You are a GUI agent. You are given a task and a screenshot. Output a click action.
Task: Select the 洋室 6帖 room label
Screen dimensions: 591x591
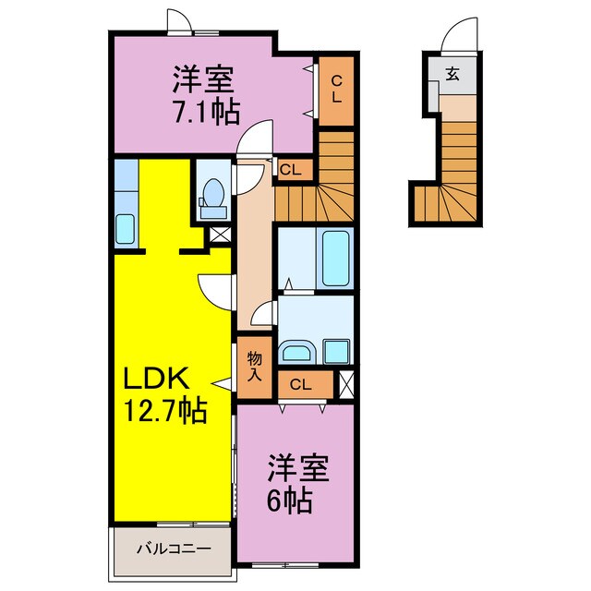[x=297, y=484]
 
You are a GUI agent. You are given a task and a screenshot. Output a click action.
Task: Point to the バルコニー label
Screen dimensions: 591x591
[x=174, y=549]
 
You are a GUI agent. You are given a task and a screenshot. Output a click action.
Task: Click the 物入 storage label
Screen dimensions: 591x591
[x=255, y=367]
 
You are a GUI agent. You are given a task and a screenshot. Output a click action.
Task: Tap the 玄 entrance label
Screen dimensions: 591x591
[x=452, y=74]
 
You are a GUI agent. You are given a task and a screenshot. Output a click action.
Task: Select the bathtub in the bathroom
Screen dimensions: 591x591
[x=335, y=259]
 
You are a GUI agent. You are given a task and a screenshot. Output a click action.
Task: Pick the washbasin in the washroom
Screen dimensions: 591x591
[x=297, y=352]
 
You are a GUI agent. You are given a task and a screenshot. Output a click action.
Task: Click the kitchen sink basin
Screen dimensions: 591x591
[x=126, y=229]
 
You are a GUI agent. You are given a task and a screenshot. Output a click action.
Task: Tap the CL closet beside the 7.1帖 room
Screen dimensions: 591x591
[x=336, y=90]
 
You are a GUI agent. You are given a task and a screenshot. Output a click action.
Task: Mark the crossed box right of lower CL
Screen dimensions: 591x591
[x=347, y=384]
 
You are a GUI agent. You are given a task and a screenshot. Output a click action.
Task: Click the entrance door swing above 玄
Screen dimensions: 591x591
[x=460, y=35]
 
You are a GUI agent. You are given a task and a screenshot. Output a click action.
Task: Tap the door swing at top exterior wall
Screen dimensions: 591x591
[x=179, y=20]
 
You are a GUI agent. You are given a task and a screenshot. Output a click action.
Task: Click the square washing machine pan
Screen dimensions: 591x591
[x=336, y=351]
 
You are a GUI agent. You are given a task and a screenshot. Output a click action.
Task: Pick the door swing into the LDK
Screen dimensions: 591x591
[x=215, y=293]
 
